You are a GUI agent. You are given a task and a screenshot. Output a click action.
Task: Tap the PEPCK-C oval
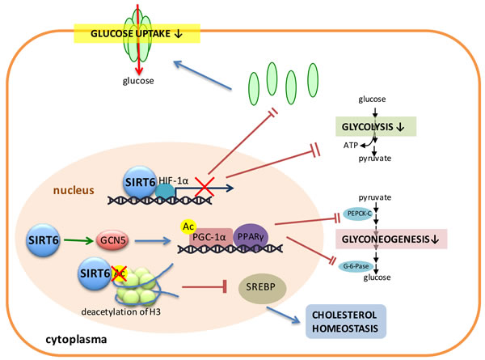pos(357,213)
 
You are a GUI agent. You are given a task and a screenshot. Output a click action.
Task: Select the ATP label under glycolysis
pos(352,144)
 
